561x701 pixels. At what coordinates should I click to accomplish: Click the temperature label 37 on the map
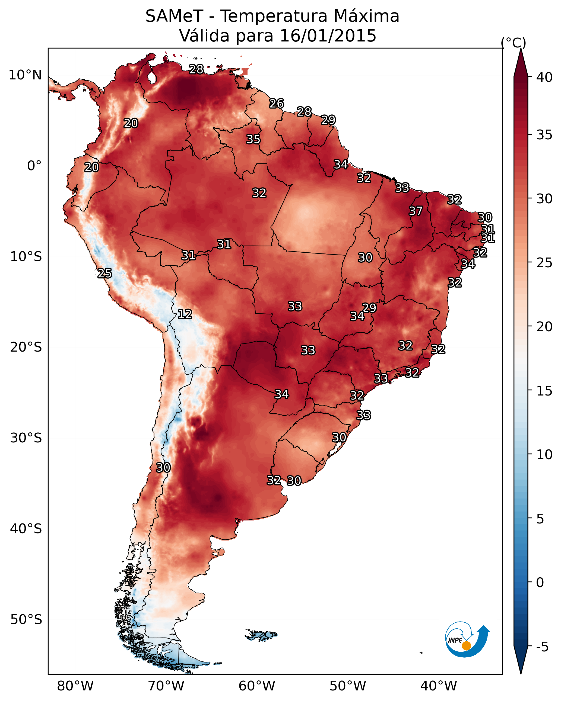click(x=416, y=211)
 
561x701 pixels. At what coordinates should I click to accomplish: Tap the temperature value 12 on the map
click(x=185, y=314)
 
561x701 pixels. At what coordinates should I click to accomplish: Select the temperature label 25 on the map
click(x=104, y=274)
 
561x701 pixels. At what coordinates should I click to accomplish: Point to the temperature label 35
click(x=253, y=139)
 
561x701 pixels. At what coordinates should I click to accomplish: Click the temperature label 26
click(x=277, y=103)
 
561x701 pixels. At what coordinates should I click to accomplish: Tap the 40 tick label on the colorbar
click(x=544, y=77)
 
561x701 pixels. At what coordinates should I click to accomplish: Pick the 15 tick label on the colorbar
click(x=544, y=391)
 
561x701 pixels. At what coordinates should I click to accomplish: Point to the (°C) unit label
click(x=513, y=42)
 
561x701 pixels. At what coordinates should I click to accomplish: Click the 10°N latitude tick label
click(x=25, y=75)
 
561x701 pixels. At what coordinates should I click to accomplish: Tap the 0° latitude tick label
click(x=34, y=166)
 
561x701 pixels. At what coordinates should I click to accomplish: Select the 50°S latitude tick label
click(x=26, y=620)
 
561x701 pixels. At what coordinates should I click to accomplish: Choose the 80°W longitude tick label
click(x=75, y=686)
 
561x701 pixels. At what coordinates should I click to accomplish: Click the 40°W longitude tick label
click(x=439, y=686)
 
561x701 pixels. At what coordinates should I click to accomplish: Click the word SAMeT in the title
click(x=174, y=16)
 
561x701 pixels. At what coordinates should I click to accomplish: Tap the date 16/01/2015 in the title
click(x=328, y=36)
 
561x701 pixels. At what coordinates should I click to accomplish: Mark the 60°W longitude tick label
click(x=257, y=686)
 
